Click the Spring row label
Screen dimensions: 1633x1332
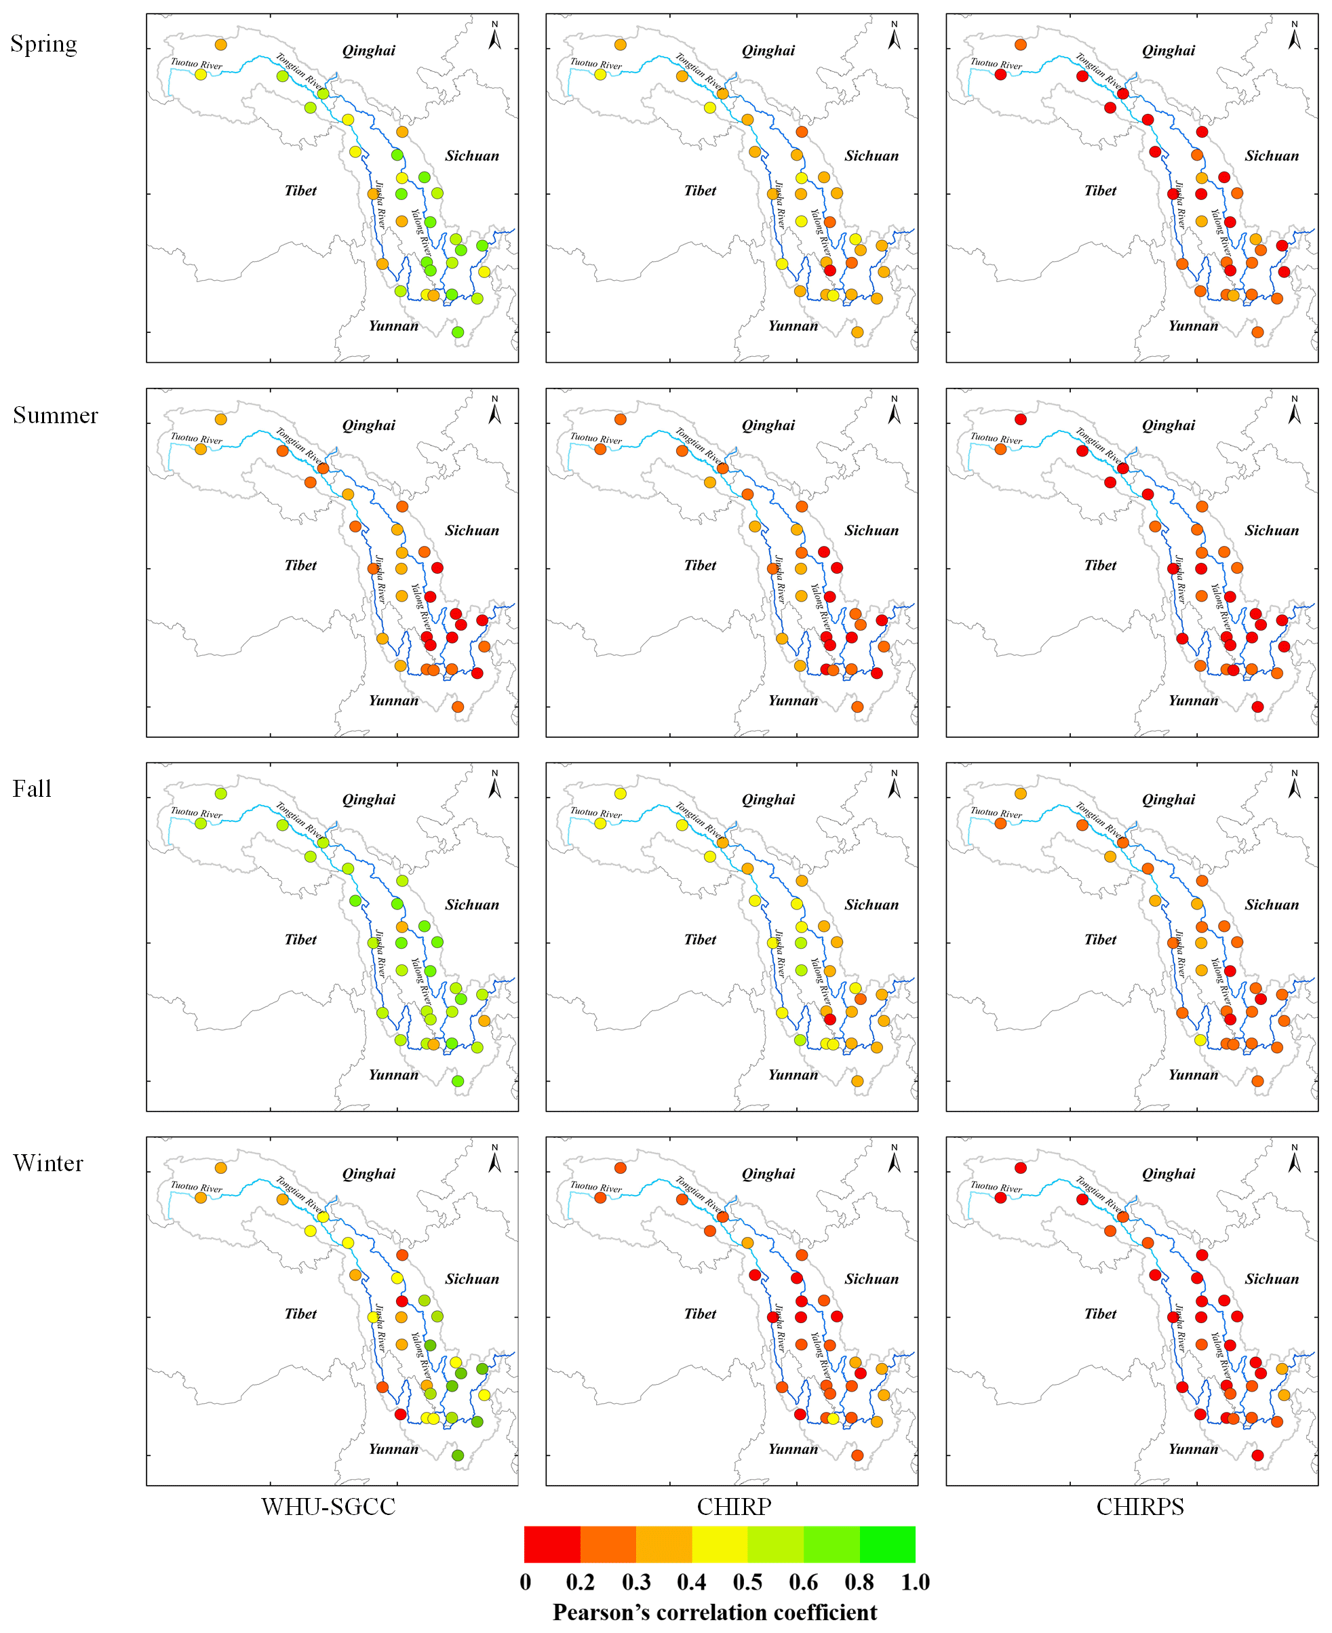(43, 45)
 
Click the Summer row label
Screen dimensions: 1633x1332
(55, 415)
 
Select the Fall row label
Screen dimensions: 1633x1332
(31, 789)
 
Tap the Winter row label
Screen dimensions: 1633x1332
(47, 1163)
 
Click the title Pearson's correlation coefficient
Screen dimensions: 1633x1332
(714, 1612)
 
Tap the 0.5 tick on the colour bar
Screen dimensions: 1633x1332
(747, 1582)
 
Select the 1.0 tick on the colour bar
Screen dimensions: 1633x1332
(916, 1582)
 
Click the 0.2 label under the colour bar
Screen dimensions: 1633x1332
(580, 1582)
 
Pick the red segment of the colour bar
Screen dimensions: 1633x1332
(551, 1544)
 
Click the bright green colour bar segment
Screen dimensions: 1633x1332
(887, 1544)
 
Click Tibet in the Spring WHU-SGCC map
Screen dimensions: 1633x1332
(300, 191)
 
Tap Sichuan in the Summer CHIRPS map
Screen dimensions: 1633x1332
(1272, 531)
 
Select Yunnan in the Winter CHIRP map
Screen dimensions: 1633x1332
(793, 1449)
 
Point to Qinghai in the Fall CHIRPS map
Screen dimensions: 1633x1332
(1168, 800)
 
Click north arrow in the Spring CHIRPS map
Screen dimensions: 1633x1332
(1295, 36)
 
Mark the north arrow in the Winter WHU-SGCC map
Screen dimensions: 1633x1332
(495, 1159)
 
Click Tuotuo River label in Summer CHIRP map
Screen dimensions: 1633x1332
(595, 439)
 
